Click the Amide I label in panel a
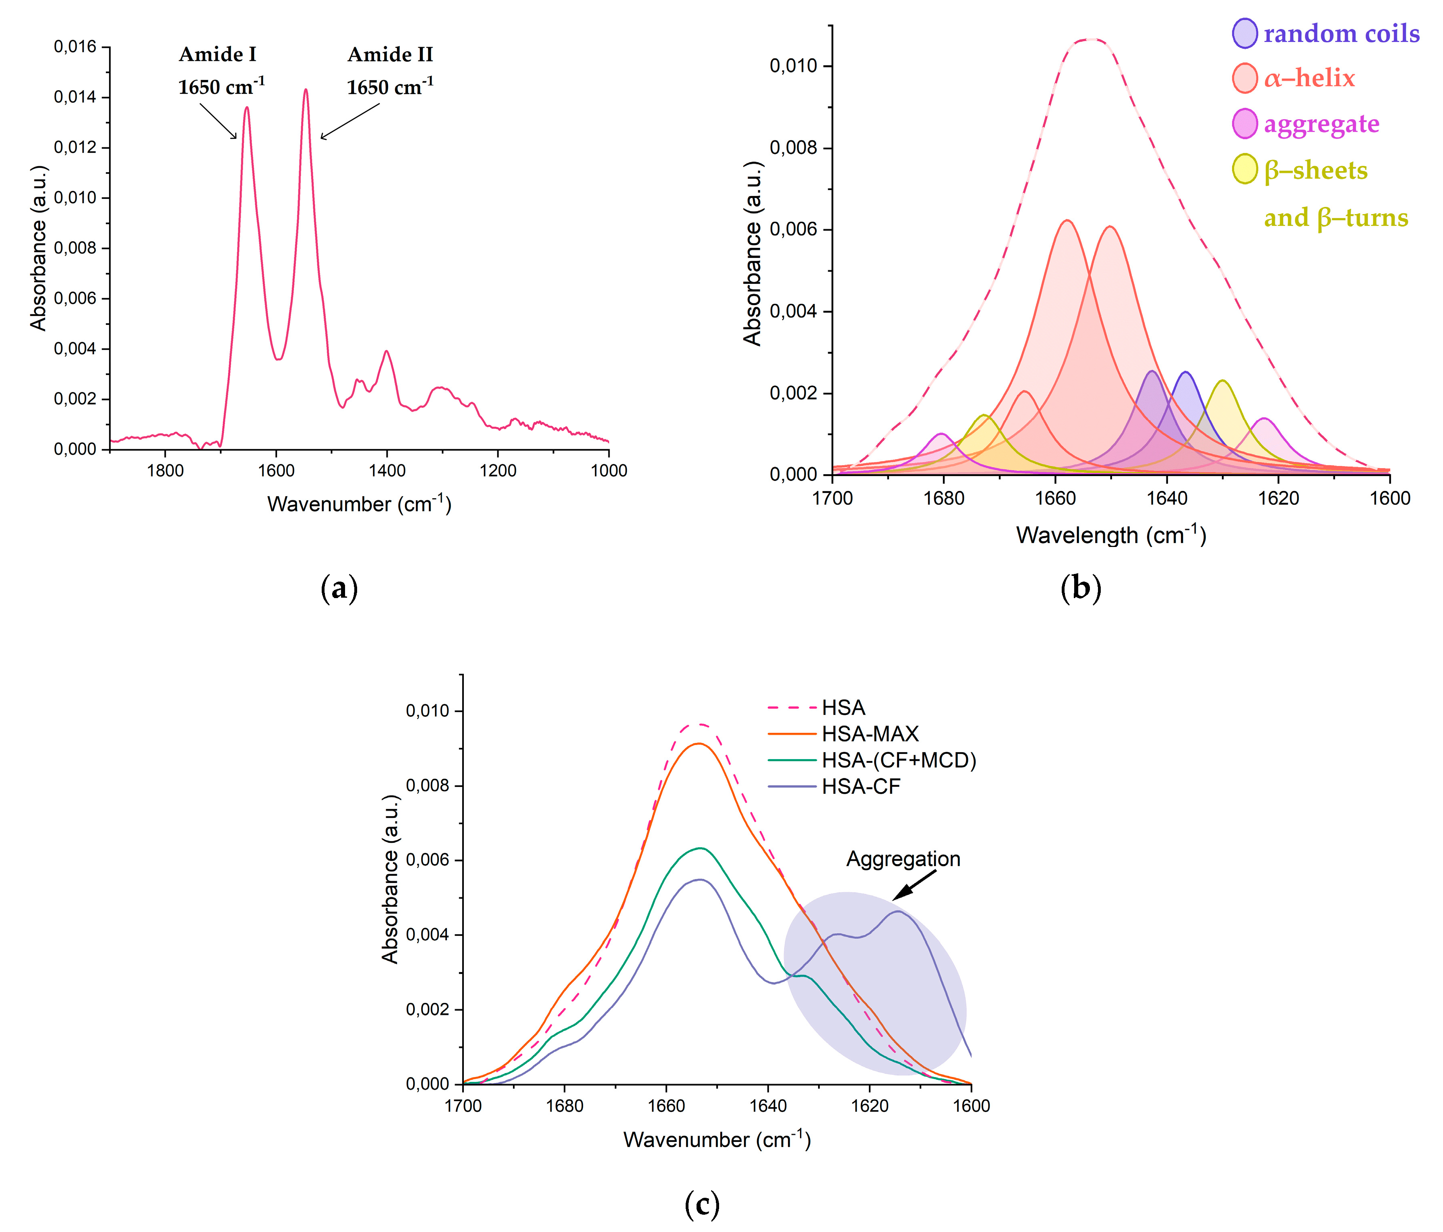click(x=217, y=54)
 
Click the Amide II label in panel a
click(x=390, y=54)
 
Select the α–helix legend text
click(x=1309, y=78)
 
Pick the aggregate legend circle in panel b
click(x=1245, y=124)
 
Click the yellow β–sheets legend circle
click(x=1245, y=169)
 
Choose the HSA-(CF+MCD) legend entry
click(x=898, y=760)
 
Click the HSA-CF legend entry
click(x=861, y=786)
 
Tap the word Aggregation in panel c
click(x=903, y=859)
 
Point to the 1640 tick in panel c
click(x=768, y=1106)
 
